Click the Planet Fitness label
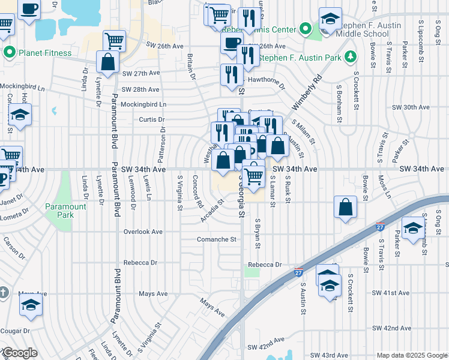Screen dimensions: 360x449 pos(45,53)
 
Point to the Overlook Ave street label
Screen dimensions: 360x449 pos(143,232)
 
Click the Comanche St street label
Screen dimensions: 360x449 pos(217,239)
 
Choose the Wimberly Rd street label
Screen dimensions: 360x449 pos(307,92)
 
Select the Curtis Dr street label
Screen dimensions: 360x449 pos(152,119)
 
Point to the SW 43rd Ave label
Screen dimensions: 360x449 pos(330,356)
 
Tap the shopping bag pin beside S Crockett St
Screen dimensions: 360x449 pos(346,208)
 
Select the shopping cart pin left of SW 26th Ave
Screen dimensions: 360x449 pos(114,41)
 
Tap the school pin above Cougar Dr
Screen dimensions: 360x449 pos(31,305)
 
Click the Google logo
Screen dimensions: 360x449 pos(20,353)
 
